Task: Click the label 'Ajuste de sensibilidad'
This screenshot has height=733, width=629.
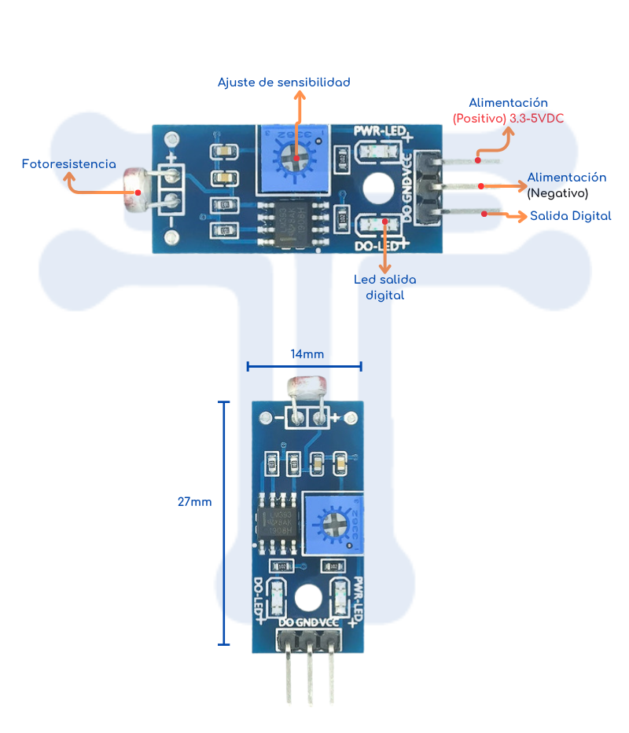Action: click(283, 82)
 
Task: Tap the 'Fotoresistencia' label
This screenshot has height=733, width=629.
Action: click(69, 164)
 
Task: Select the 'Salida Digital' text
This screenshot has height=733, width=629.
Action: click(570, 215)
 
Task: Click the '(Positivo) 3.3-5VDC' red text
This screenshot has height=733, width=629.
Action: click(508, 118)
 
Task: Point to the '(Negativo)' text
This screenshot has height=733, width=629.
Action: click(557, 192)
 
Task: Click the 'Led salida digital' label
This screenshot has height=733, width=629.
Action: click(385, 288)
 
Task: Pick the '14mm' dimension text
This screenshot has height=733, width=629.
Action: click(307, 354)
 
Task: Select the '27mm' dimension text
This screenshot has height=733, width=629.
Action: click(194, 501)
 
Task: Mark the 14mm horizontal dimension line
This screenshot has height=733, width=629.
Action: click(304, 366)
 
